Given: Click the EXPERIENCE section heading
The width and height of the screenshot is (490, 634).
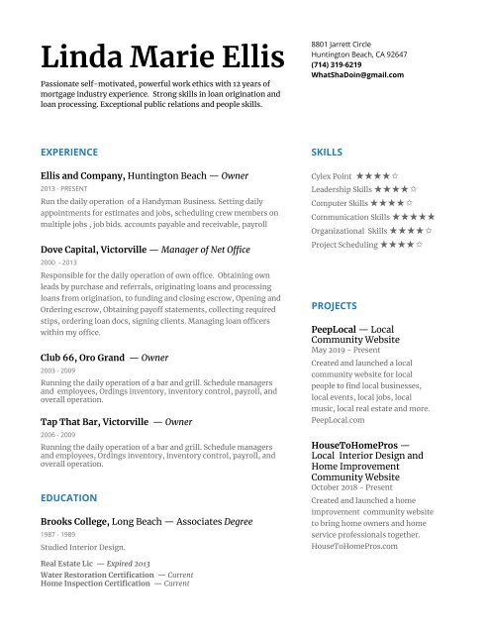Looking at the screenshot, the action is click(x=69, y=152).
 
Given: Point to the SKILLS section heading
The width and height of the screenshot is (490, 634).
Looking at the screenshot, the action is click(x=327, y=152).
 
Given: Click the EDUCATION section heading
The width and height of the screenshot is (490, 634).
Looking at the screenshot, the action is click(x=68, y=497).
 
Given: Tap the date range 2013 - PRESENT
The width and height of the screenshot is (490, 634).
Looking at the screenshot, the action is click(x=62, y=188).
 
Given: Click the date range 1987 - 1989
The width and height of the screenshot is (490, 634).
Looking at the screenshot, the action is click(x=56, y=534).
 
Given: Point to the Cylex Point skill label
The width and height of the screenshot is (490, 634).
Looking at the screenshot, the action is click(x=332, y=174).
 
